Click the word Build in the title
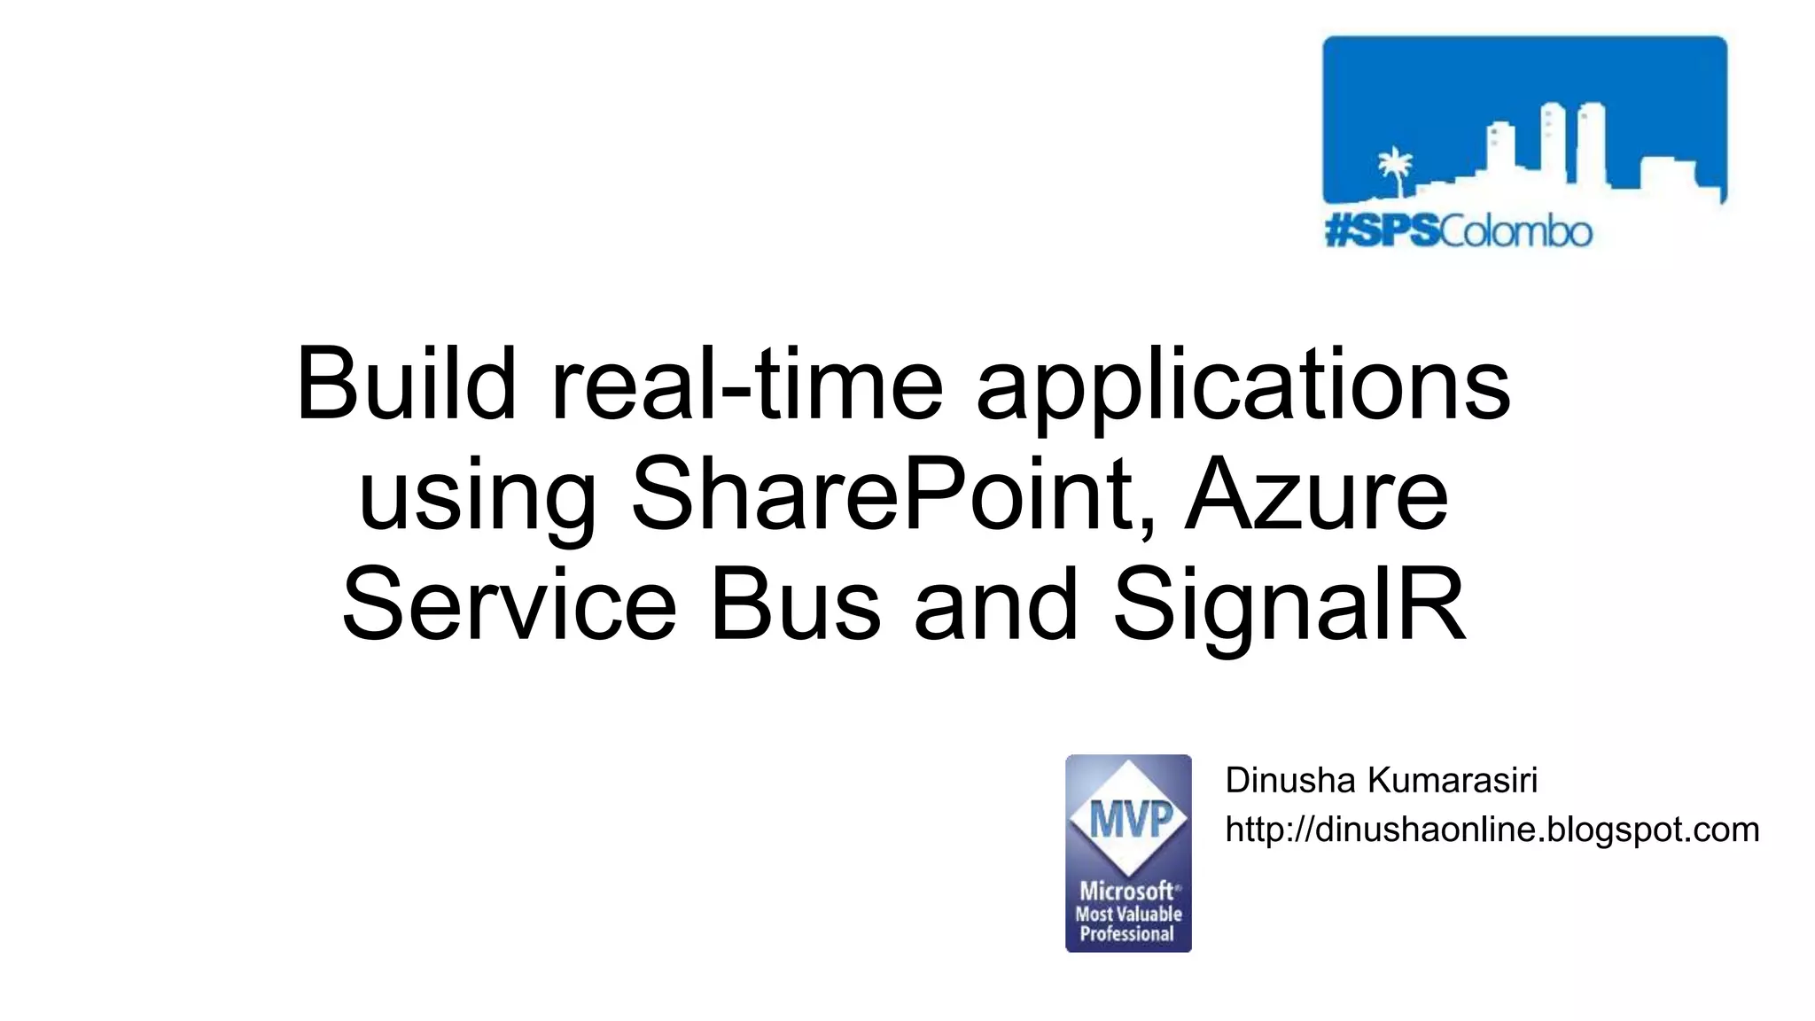tap(406, 384)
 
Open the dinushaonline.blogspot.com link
tap(1492, 830)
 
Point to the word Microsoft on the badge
tap(1126, 891)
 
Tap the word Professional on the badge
tap(1127, 934)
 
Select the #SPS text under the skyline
tap(1382, 232)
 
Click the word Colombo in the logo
tap(1515, 232)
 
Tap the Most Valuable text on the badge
tap(1128, 914)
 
